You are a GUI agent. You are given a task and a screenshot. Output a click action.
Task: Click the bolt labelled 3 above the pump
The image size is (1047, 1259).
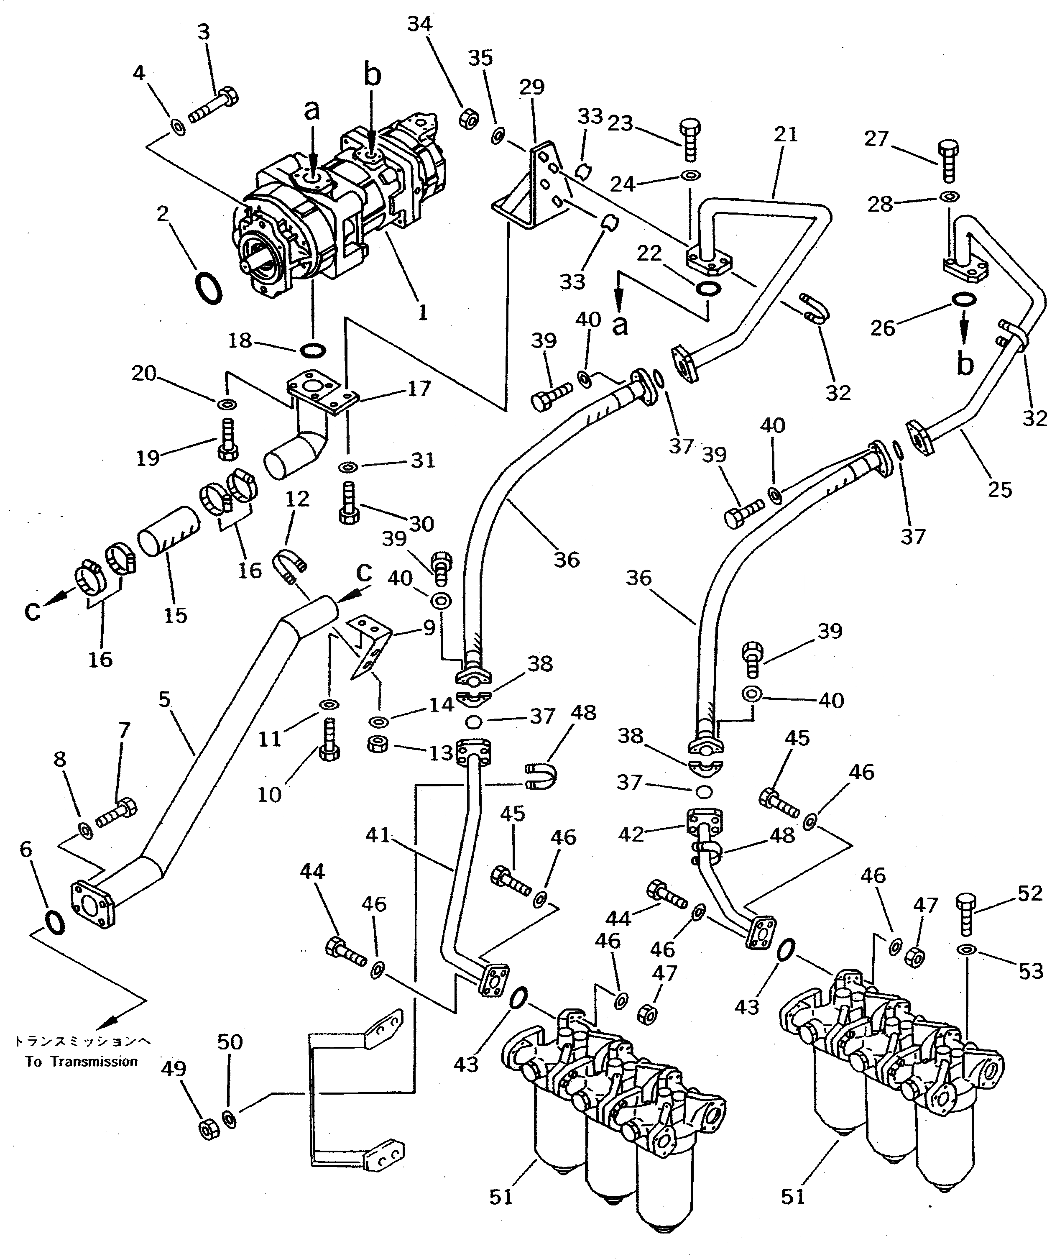click(214, 105)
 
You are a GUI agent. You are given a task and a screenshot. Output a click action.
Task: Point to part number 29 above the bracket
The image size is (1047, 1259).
click(531, 87)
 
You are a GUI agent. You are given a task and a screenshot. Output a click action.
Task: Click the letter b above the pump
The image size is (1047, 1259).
click(372, 77)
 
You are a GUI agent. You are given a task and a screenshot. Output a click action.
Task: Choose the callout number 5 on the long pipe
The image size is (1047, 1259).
click(165, 699)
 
